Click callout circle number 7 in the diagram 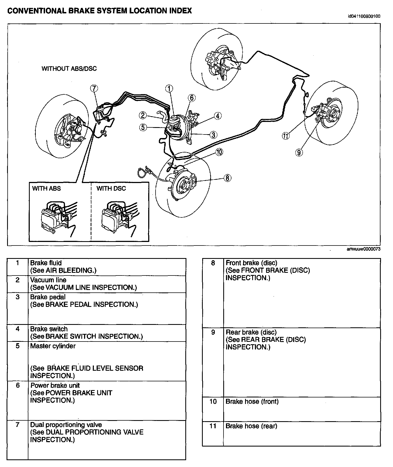[94, 88]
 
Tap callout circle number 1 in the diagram [169, 88]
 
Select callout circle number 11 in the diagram [285, 136]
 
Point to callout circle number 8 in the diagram [227, 178]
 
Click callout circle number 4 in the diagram [218, 116]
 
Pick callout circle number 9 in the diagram [299, 152]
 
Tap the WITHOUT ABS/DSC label [69, 68]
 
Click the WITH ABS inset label [46, 188]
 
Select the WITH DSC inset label [111, 188]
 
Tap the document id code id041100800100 [364, 16]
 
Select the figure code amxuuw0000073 [363, 249]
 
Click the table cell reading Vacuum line [48, 280]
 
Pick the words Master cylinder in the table [53, 346]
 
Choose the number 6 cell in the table [18, 385]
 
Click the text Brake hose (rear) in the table [251, 426]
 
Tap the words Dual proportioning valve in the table [66, 425]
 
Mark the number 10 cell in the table [213, 402]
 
